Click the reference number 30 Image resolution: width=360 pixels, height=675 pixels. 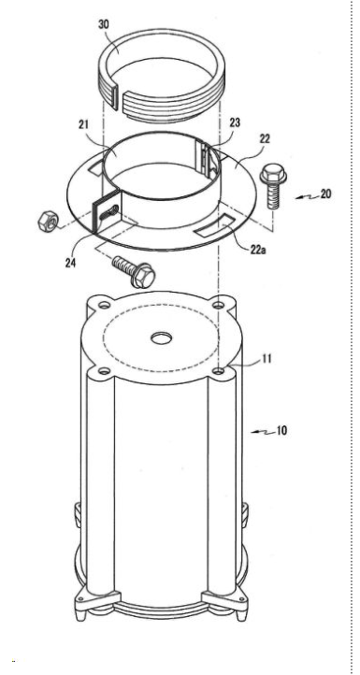coord(104,24)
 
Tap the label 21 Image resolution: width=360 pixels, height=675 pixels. coord(83,125)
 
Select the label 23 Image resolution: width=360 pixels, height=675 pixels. coord(235,122)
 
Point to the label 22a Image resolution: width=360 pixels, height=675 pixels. coord(258,250)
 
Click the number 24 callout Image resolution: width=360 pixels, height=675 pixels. coord(71,263)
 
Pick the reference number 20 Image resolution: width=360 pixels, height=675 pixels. coord(326,194)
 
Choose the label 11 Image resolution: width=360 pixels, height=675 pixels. coord(267,358)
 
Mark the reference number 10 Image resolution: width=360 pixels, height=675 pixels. coord(281,430)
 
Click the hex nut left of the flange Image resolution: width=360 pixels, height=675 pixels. coord(48,222)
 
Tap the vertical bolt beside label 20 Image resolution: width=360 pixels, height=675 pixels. coord(273,185)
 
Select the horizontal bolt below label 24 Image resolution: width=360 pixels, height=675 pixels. coord(134,270)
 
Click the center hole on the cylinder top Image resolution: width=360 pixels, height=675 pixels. coord(162,337)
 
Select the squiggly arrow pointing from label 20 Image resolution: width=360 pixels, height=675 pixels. coord(308,196)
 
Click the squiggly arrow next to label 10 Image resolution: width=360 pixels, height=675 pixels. coord(263,431)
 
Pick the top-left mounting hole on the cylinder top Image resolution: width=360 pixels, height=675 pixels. coord(104,305)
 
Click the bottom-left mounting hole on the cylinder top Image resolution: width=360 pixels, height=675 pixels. coord(104,370)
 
